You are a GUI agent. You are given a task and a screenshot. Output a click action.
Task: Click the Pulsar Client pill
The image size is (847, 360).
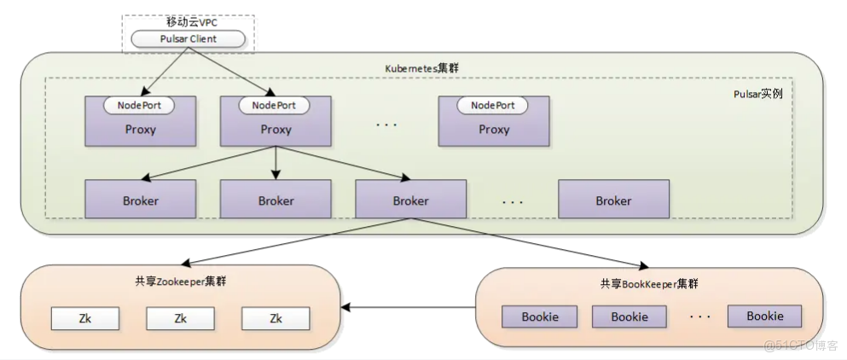click(187, 39)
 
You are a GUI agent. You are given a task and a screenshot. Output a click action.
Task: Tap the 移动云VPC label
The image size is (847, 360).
click(187, 23)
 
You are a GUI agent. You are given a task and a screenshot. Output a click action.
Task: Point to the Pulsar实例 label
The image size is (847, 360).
click(757, 93)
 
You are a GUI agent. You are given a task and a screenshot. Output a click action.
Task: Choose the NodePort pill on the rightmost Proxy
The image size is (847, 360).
click(493, 105)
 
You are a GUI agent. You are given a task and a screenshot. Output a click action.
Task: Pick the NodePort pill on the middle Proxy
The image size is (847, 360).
click(274, 105)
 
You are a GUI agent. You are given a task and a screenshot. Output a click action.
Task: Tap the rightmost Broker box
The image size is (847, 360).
click(613, 200)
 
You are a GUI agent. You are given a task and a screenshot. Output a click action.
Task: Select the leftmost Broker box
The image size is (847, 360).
click(140, 200)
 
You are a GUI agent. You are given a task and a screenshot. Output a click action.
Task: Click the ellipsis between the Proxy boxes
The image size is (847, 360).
click(386, 125)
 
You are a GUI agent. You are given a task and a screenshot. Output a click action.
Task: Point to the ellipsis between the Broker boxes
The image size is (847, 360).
click(512, 201)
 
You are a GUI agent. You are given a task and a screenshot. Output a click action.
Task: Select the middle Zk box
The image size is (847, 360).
click(180, 318)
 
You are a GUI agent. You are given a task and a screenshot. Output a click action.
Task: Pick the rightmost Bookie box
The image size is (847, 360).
click(764, 316)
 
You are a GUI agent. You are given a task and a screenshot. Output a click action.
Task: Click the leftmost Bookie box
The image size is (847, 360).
click(541, 317)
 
